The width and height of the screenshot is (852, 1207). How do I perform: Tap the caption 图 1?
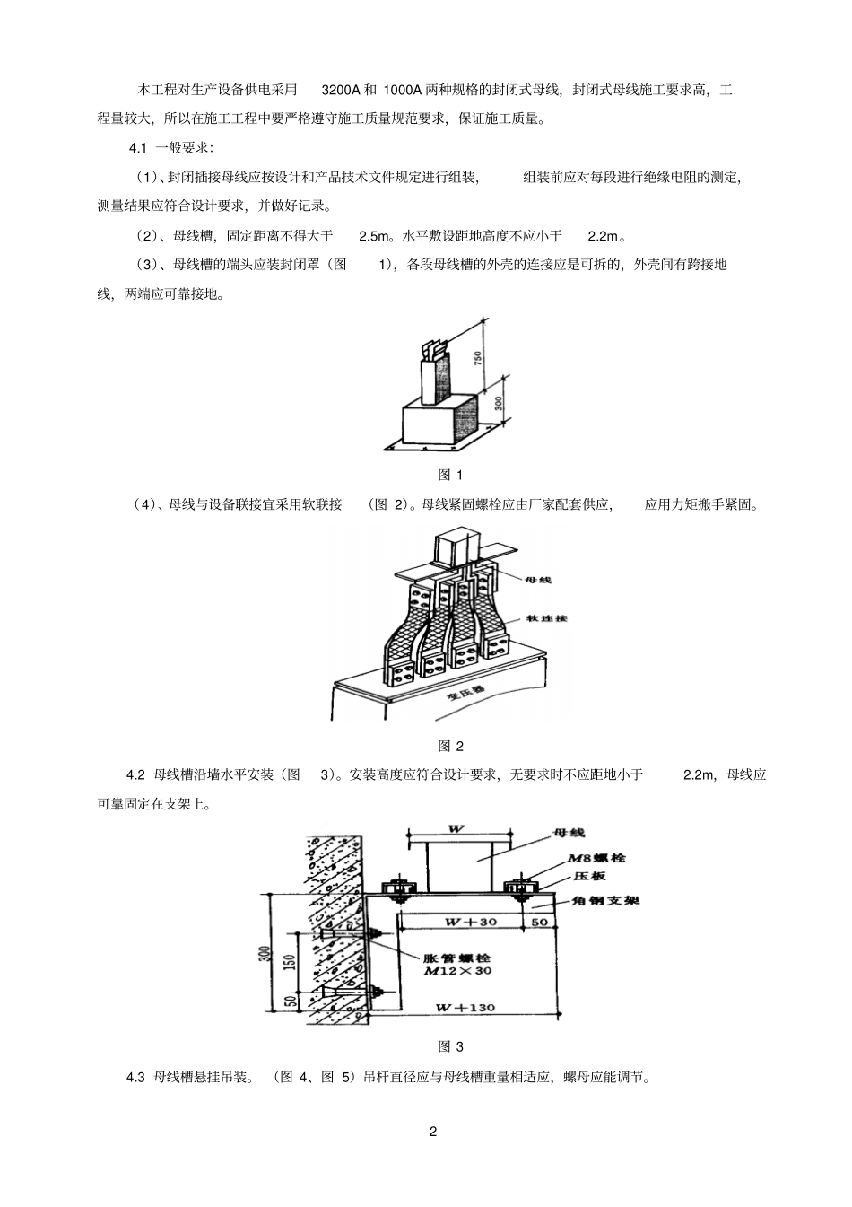pyautogui.click(x=450, y=475)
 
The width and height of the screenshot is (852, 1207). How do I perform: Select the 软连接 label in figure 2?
pyautogui.click(x=550, y=618)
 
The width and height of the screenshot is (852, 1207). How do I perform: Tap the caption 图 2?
pyautogui.click(x=450, y=746)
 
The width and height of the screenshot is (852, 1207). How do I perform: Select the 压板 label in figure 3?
pyautogui.click(x=586, y=879)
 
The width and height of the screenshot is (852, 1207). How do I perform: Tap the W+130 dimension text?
pyautogui.click(x=465, y=1008)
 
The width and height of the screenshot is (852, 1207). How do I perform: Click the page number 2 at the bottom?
pyautogui.click(x=433, y=1131)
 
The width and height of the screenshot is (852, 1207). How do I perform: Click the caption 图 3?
pyautogui.click(x=450, y=1046)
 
